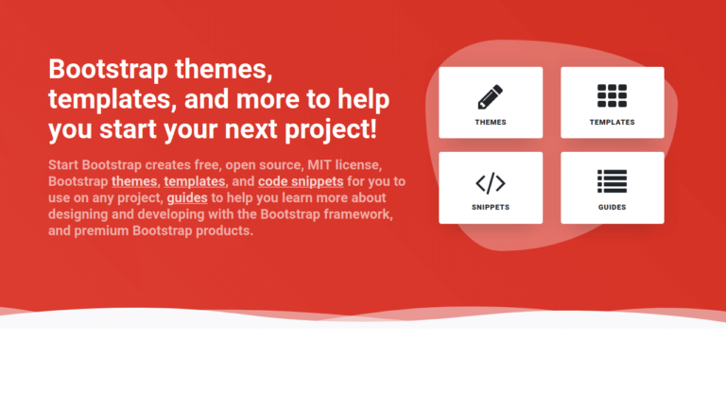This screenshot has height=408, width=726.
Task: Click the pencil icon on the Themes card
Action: (x=491, y=96)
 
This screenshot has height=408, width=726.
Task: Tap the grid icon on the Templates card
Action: (x=613, y=96)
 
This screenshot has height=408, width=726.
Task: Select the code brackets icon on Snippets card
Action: (x=491, y=182)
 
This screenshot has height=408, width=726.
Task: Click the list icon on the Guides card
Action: (x=613, y=181)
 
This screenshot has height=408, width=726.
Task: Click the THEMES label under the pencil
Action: (x=491, y=123)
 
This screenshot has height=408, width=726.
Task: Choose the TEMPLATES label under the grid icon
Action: (x=613, y=123)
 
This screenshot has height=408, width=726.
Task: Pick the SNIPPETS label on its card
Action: (x=491, y=207)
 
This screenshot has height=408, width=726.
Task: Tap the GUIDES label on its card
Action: (x=613, y=207)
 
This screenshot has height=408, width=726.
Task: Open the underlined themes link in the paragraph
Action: (x=134, y=181)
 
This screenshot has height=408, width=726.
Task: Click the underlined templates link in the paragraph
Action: (x=195, y=181)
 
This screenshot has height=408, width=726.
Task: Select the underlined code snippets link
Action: (x=301, y=181)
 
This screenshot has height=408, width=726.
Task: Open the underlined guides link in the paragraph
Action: (x=187, y=198)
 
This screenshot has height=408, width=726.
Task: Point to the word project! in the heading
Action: (x=323, y=128)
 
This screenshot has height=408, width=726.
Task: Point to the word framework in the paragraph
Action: (x=354, y=214)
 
